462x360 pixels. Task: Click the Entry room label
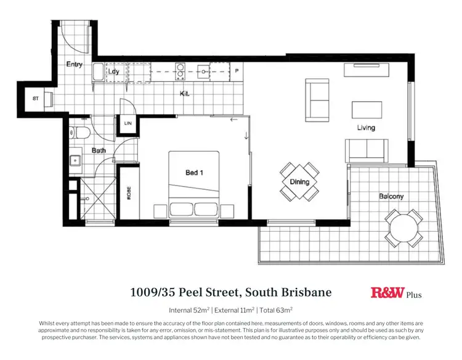pyautogui.click(x=74, y=64)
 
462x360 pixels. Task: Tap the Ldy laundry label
pyautogui.click(x=113, y=72)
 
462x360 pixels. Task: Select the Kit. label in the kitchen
pyautogui.click(x=184, y=94)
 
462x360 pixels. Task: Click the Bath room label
pyautogui.click(x=99, y=150)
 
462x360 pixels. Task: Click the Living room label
pyautogui.click(x=366, y=128)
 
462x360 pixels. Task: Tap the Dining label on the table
pyautogui.click(x=300, y=182)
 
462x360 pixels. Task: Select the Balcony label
pyautogui.click(x=391, y=197)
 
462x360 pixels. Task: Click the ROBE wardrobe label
pyautogui.click(x=129, y=194)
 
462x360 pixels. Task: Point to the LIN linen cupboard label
pyautogui.click(x=128, y=124)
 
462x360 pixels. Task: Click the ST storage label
pyautogui.click(x=36, y=99)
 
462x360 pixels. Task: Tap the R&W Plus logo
pyautogui.click(x=396, y=293)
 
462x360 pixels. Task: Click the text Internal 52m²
pyautogui.click(x=193, y=310)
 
